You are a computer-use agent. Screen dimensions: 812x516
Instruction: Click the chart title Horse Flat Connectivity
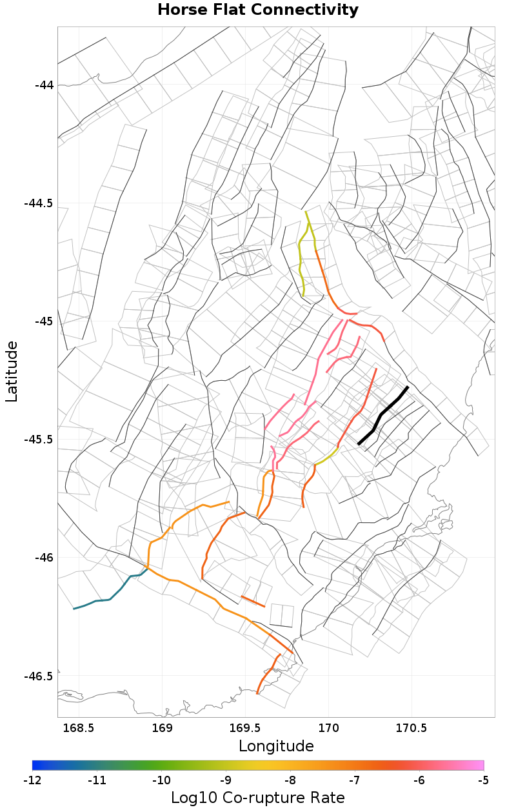258,10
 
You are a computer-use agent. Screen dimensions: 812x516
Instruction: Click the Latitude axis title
12,372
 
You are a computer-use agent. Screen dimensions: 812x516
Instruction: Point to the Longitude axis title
276,746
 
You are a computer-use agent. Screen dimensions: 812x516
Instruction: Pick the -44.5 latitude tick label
39,203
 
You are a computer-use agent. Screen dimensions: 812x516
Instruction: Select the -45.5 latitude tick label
39,440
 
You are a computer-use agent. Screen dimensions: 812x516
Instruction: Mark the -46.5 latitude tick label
39,676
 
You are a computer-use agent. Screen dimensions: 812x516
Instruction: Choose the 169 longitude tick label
162,728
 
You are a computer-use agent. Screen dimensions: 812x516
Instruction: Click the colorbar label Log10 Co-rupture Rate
258,798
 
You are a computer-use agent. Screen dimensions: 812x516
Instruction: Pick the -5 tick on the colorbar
484,780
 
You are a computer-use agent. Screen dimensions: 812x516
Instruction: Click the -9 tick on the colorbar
226,780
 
